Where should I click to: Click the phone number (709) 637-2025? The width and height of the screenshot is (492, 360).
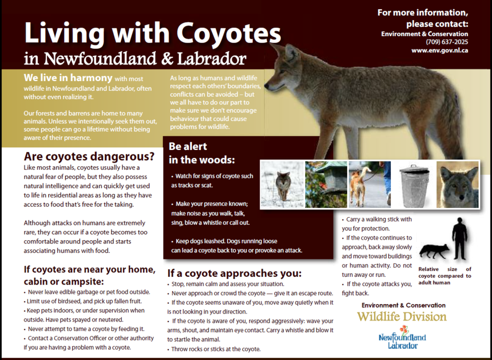tap(447, 42)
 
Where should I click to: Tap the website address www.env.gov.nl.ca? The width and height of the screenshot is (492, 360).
tap(440, 50)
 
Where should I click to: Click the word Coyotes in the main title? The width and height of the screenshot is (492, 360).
tap(229, 33)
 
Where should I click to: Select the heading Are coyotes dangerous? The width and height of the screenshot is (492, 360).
tap(90, 156)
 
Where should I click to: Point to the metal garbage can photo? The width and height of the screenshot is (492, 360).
tap(414, 185)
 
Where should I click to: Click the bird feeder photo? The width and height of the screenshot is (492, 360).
tap(326, 185)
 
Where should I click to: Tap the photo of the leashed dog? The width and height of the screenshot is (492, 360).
tap(370, 185)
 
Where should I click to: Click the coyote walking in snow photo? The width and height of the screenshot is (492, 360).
tap(283, 185)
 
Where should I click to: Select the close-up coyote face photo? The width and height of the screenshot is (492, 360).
tap(458, 185)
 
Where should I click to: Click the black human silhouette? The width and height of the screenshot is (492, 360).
tap(460, 239)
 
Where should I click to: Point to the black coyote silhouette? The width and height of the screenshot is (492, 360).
tap(434, 251)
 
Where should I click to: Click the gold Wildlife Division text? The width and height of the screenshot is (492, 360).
tap(402, 317)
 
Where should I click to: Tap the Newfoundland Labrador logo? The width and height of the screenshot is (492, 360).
tap(402, 338)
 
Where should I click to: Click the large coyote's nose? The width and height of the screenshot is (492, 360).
tap(267, 85)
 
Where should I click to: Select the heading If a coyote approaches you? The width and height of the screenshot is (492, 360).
tap(235, 274)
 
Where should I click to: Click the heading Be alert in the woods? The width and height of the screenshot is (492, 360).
tap(202, 153)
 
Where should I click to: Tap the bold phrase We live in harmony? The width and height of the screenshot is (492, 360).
tap(68, 78)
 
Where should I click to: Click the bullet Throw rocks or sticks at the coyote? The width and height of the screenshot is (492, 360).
tap(214, 349)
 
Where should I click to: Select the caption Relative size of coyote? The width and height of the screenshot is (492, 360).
tap(444, 276)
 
